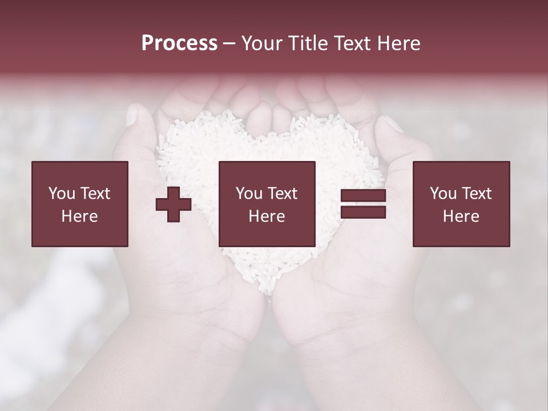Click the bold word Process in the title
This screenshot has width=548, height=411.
[179, 43]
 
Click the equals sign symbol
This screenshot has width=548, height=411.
[363, 204]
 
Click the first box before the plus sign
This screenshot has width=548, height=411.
[80, 204]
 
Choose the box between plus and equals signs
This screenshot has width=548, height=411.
[267, 204]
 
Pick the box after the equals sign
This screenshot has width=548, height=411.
[461, 204]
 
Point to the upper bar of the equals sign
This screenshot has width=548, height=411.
[363, 196]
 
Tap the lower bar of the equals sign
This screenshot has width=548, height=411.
[363, 212]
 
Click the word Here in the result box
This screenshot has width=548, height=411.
[461, 216]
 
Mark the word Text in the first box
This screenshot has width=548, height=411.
[95, 194]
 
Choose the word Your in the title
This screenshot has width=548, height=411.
[261, 43]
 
